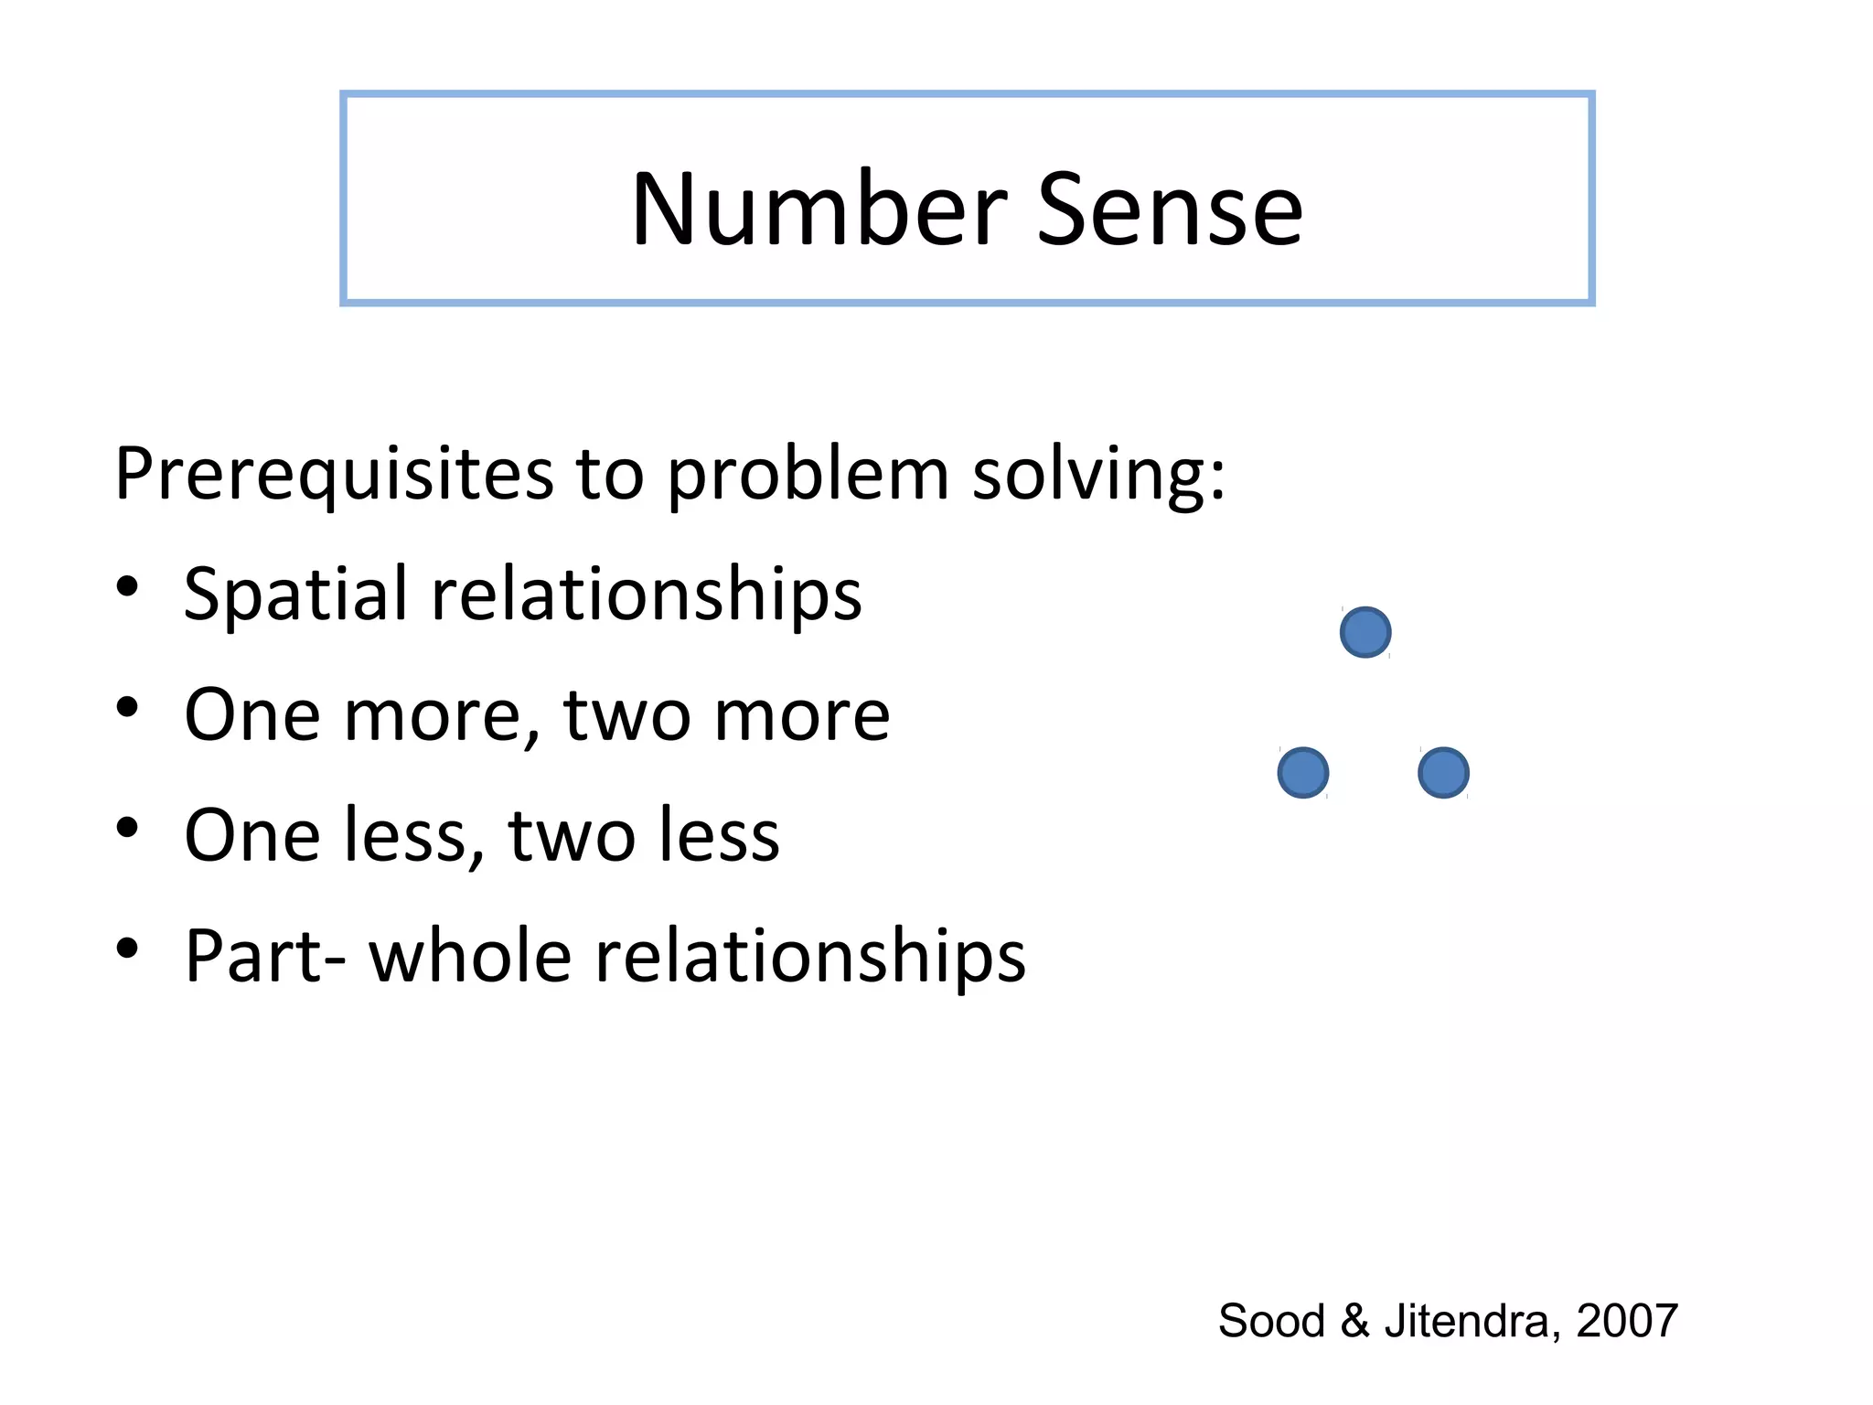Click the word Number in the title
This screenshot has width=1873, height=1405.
(x=819, y=210)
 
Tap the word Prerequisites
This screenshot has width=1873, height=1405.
(x=334, y=474)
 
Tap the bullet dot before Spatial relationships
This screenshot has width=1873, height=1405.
(x=127, y=586)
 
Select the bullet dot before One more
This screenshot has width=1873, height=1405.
(x=127, y=707)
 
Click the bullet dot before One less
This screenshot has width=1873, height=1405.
(x=127, y=828)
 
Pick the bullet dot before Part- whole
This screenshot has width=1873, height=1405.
(x=127, y=949)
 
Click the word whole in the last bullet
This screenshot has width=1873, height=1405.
(x=470, y=956)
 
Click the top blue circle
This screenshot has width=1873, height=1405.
(x=1365, y=632)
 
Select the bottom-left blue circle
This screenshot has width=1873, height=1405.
(x=1302, y=773)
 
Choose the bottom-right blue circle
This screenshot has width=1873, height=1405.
(x=1443, y=773)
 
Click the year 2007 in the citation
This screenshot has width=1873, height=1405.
(x=1627, y=1321)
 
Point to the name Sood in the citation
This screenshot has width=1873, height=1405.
(x=1271, y=1321)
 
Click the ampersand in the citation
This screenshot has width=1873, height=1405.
(x=1354, y=1321)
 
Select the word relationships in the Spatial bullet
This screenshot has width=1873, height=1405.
(x=646, y=595)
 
